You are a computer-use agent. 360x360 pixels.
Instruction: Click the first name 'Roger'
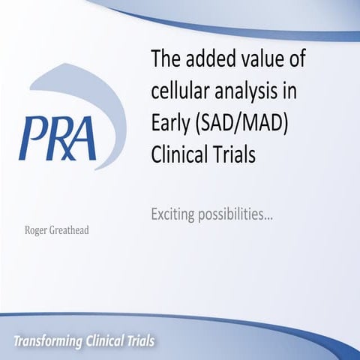(36, 230)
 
